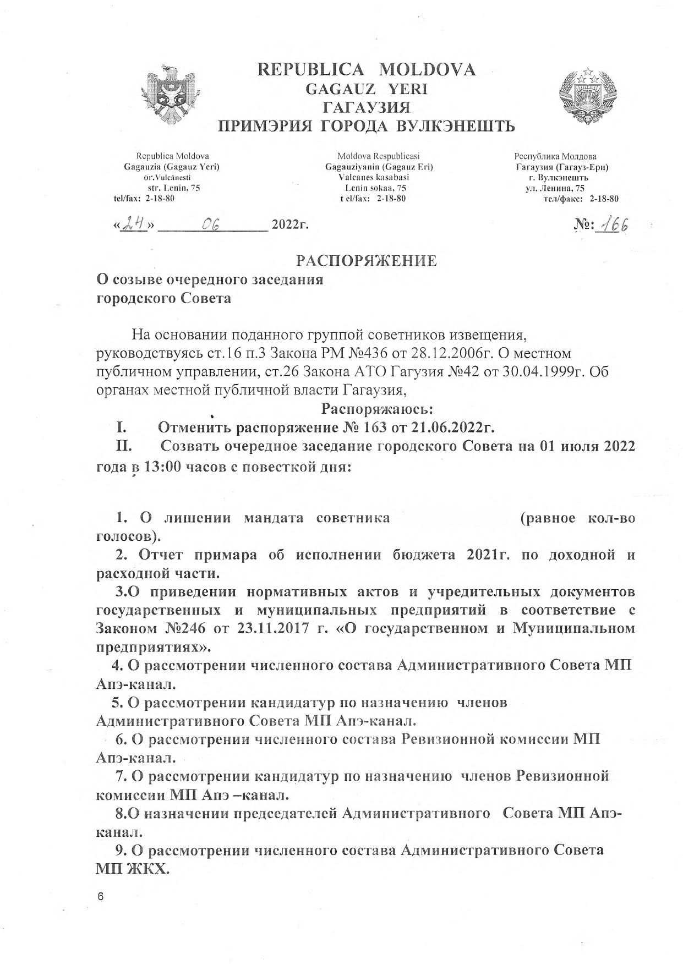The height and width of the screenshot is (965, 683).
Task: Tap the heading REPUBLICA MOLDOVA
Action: (x=367, y=70)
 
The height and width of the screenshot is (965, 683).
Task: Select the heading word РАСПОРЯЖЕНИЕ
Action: (x=367, y=260)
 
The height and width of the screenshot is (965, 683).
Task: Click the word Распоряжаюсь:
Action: (x=377, y=409)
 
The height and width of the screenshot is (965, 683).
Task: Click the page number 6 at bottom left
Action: (x=100, y=896)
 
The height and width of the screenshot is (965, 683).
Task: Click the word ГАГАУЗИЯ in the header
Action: (x=367, y=107)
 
